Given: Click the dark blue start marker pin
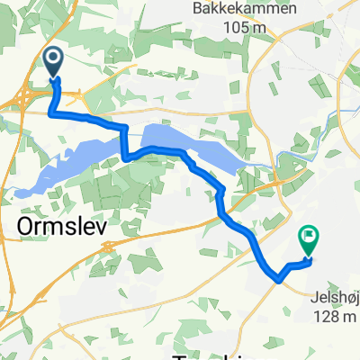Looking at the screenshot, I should point(52,61).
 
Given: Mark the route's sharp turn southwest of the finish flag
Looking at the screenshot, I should point(280,278).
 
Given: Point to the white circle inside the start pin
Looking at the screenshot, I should point(52,58).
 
